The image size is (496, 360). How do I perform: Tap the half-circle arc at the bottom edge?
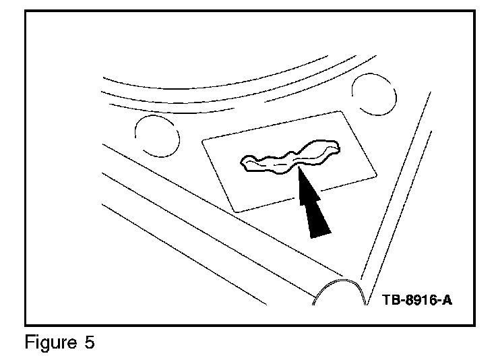[x=341, y=290]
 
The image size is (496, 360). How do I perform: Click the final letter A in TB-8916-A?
[x=445, y=299]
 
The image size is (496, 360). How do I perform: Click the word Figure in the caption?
[x=49, y=342]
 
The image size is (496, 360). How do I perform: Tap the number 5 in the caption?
[x=89, y=342]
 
